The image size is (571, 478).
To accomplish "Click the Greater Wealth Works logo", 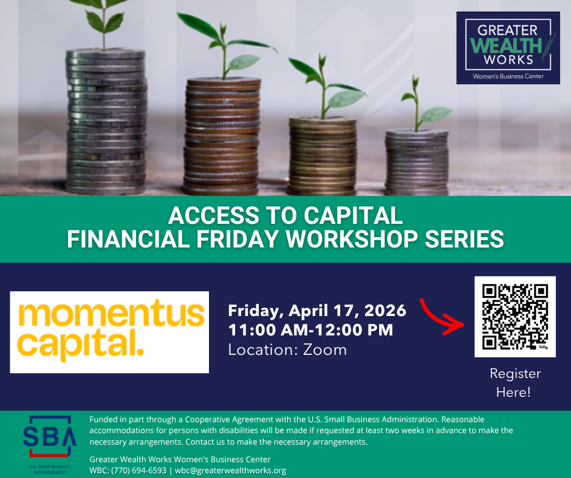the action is (508, 48).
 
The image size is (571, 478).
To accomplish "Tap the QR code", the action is (515, 317).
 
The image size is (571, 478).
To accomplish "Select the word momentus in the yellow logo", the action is (111, 313).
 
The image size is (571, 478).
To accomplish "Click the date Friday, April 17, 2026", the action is (317, 311).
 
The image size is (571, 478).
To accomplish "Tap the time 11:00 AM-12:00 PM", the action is (310, 330).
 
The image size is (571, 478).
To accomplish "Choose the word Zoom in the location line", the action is (325, 350).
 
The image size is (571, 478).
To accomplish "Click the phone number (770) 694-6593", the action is (138, 470).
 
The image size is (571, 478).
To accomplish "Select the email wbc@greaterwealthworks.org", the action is (230, 470).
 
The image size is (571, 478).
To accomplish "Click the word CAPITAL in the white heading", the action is (354, 215).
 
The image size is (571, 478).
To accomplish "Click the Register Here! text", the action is (515, 383).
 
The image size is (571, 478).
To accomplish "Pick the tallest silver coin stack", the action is (106, 121).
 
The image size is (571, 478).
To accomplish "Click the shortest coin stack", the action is (417, 162).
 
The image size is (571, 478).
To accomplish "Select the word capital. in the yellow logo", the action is (80, 345).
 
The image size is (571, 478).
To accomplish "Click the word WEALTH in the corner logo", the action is (506, 45).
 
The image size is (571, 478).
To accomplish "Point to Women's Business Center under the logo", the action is (508, 76).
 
